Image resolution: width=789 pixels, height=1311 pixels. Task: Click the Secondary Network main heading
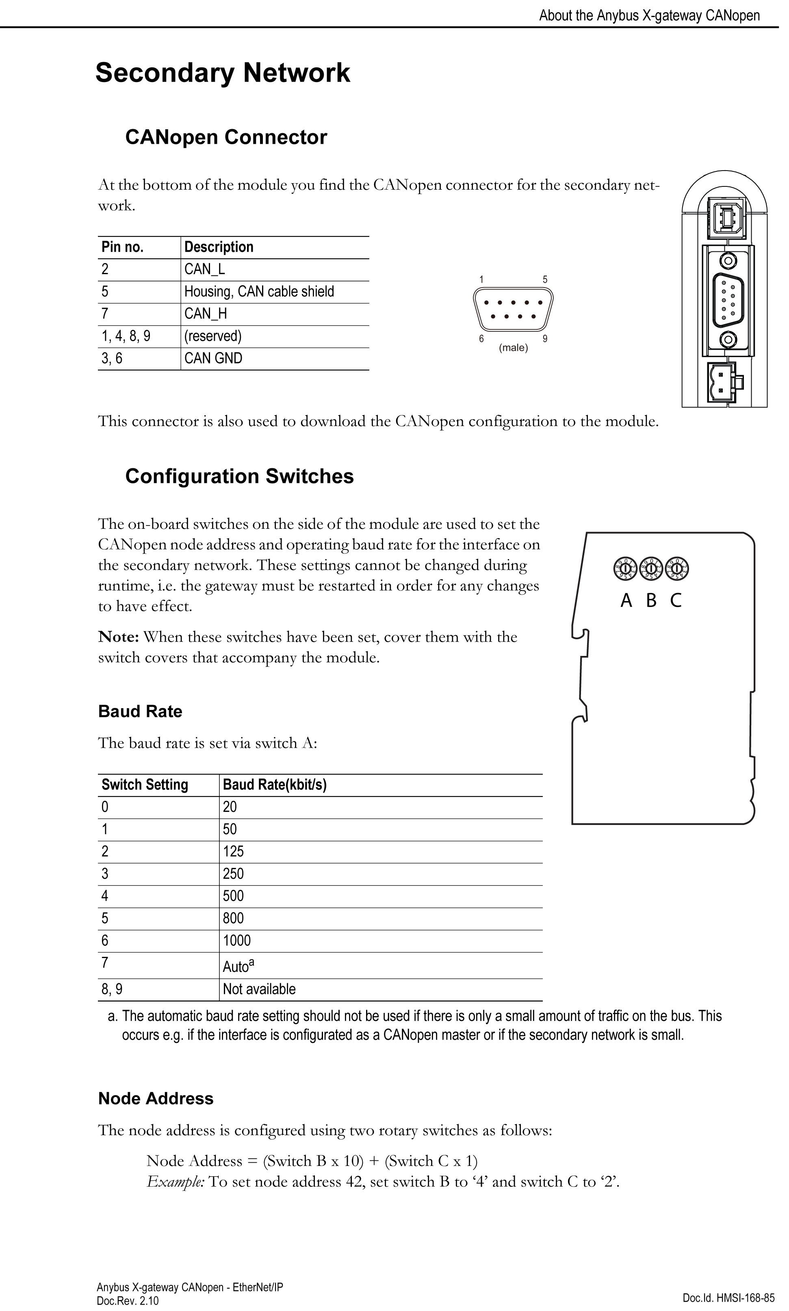223,73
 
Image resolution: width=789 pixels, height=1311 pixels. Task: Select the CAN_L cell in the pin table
205,269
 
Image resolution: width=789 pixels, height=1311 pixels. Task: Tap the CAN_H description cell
206,314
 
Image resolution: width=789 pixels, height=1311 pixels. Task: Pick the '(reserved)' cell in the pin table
212,336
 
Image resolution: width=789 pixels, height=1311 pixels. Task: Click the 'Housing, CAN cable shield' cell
259,292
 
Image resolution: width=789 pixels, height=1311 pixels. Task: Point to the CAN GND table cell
213,359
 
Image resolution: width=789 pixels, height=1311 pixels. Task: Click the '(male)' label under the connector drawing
513,348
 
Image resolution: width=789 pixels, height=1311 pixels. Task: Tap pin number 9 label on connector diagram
545,338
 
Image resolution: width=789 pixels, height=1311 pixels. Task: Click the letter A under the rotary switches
626,601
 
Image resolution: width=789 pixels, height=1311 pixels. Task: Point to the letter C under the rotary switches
676,601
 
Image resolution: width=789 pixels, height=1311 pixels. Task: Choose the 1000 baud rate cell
236,941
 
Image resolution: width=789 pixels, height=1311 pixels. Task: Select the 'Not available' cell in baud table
259,989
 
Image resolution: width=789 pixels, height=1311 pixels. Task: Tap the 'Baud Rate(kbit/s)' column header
274,785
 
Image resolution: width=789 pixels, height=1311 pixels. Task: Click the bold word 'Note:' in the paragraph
119,637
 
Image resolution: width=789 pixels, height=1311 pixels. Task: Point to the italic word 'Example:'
176,1181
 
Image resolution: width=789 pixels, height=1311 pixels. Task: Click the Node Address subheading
156,1099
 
